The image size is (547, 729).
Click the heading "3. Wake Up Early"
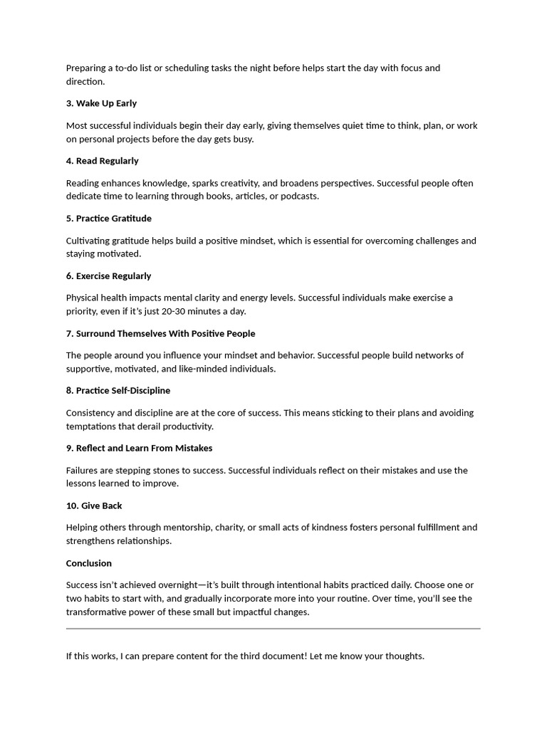tap(101, 103)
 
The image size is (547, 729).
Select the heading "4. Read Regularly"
tap(102, 161)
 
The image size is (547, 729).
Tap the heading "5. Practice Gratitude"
tap(108, 219)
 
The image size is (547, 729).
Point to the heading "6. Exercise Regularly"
tap(108, 276)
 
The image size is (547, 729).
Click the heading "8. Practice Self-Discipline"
tap(118, 391)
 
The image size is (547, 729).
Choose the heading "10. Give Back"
tap(94, 506)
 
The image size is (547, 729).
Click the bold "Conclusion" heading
tap(89, 564)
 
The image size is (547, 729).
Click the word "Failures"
tap(83, 471)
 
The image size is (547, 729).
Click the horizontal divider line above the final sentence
tap(273, 629)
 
